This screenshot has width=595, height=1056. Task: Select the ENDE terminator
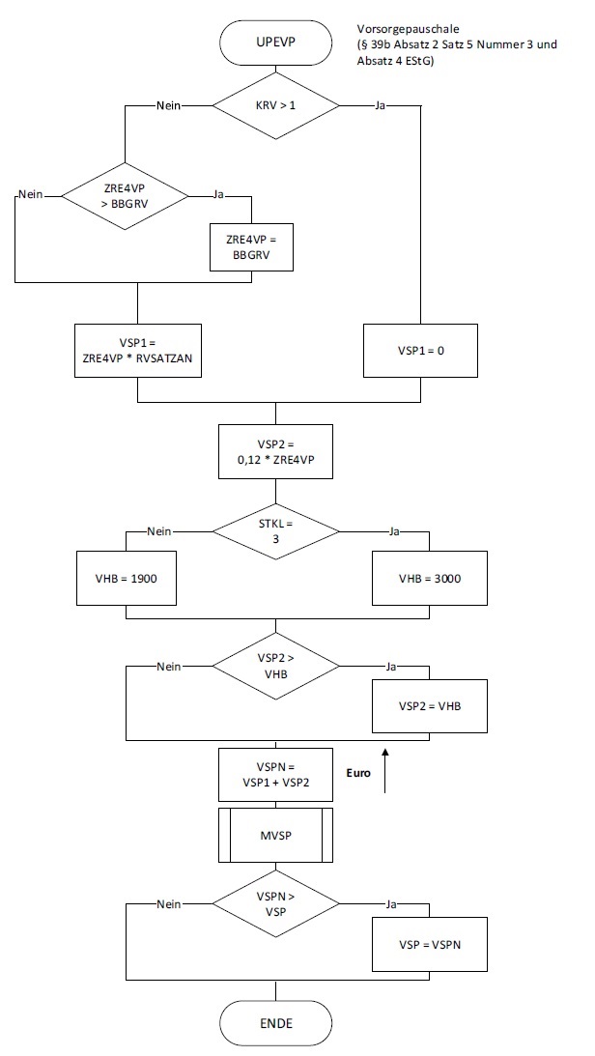[275, 1022]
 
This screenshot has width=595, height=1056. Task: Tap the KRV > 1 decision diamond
[275, 104]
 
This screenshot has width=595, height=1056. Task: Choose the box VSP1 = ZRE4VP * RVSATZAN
[138, 350]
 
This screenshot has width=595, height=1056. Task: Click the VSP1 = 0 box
[420, 350]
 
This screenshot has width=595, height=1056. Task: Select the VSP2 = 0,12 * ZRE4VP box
[275, 452]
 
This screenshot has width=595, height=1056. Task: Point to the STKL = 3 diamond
[275, 530]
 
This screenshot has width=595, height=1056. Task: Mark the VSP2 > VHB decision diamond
[275, 666]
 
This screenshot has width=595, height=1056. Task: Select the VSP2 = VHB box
[429, 706]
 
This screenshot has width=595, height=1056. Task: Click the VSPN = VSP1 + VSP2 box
[275, 774]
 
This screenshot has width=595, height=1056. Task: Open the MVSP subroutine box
[275, 835]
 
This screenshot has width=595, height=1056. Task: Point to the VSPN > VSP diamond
[275, 904]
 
